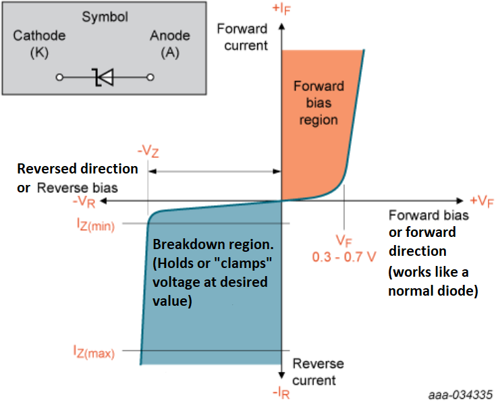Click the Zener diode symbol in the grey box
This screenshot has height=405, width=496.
pos(105,78)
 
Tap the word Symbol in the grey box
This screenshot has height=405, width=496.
pos(105,17)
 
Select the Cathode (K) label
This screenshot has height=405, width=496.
pos(39,43)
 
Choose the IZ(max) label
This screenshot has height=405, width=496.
pos(94,352)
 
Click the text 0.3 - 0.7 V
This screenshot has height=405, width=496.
pos(344,257)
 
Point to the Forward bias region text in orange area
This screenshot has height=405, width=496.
pos(319,103)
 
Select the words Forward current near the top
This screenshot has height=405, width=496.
pos(242,37)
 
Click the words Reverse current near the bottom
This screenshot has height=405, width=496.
pos(318,371)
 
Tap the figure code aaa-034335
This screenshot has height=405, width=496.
pos(461,394)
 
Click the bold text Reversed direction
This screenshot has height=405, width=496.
pos(78,169)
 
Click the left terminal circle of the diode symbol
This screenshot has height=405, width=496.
pos(59,78)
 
